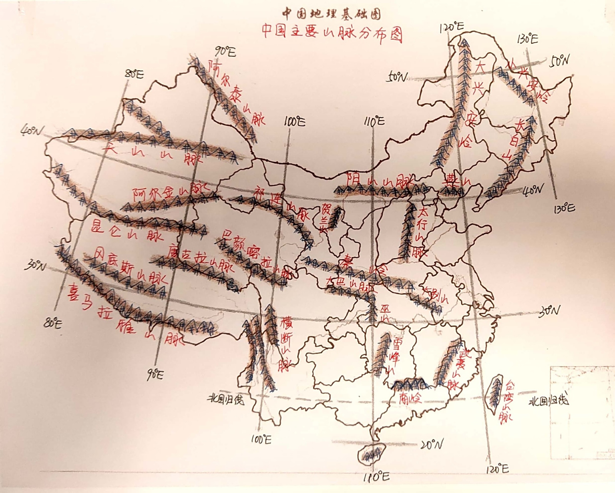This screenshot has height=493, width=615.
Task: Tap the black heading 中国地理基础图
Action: (332, 14)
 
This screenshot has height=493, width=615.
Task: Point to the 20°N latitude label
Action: (431, 445)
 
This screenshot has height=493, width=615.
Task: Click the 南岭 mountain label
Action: (409, 398)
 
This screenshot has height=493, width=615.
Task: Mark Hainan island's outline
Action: (371, 453)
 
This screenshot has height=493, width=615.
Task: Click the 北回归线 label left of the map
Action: (226, 399)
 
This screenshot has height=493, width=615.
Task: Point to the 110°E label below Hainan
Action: (376, 477)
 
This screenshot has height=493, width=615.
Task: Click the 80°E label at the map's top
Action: (134, 74)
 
